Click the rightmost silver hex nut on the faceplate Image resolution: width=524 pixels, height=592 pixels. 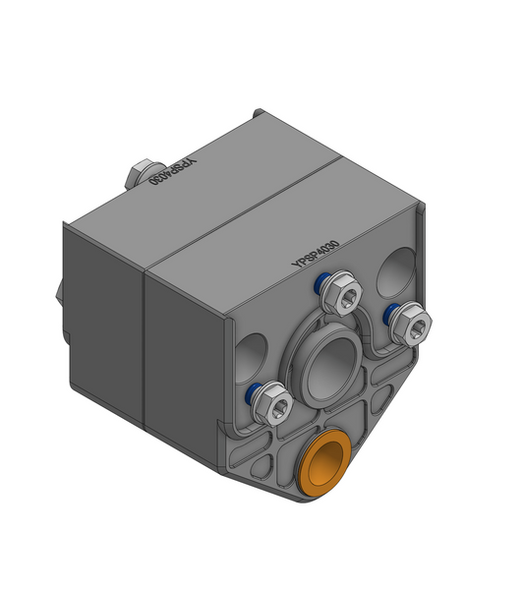pyautogui.click(x=408, y=324)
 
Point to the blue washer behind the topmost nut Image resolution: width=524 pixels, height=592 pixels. pyautogui.click(x=321, y=285)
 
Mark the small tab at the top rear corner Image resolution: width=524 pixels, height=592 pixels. pyautogui.click(x=259, y=113)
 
